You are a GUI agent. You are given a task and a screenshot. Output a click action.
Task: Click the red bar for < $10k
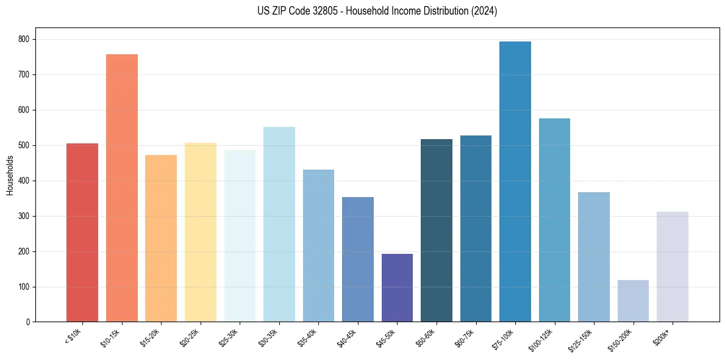coord(82,232)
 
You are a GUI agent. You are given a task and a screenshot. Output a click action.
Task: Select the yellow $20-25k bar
coord(201,232)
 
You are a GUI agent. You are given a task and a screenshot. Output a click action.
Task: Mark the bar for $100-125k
coord(554,220)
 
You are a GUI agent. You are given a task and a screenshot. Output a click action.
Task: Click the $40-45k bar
coord(358,259)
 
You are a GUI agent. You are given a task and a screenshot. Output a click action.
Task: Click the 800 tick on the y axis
coord(24,39)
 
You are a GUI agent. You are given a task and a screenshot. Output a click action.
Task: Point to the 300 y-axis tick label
coord(24,216)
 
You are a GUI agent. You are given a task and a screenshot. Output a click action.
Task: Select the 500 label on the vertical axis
coord(24,145)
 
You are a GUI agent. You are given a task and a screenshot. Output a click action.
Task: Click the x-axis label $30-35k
coord(269,338)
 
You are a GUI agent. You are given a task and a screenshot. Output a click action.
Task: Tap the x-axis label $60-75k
coord(465,338)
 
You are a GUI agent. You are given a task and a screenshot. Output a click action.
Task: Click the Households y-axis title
coord(10,175)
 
